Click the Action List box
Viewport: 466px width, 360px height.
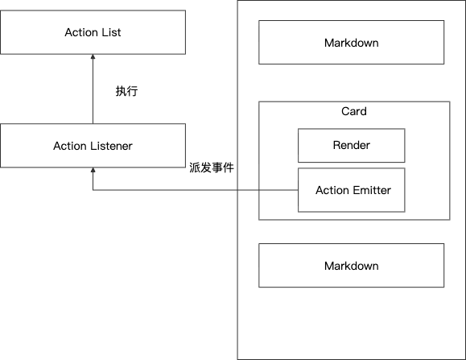coord(93,33)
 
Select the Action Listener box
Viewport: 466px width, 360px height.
coord(93,146)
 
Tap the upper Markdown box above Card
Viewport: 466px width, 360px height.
coord(351,42)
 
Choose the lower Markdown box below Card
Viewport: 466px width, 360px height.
coord(351,266)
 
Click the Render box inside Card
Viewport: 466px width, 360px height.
coord(351,146)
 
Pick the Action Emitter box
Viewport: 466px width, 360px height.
coord(351,190)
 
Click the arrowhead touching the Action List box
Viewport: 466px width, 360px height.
coord(93,58)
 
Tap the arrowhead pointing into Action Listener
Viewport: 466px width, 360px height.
coord(93,171)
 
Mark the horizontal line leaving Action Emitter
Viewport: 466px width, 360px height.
coord(201,191)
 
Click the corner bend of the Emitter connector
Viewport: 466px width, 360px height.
coord(93,191)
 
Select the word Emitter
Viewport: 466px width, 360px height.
coord(370,190)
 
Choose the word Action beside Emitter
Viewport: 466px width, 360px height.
coord(332,190)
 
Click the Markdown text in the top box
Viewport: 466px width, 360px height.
coord(351,42)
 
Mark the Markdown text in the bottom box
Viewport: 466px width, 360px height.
coord(351,266)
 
